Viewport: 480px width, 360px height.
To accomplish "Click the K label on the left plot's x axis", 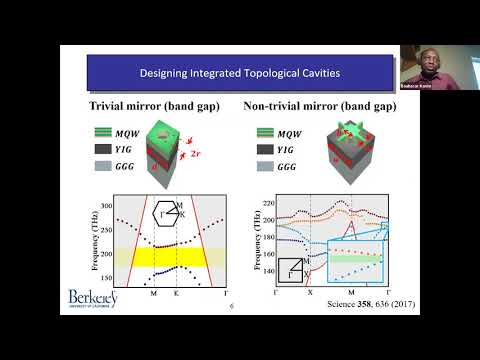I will [174, 297].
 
